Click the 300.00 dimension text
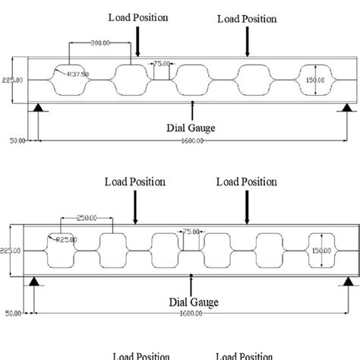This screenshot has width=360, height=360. pyautogui.click(x=98, y=43)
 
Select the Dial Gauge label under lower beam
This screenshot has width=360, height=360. pyautogui.click(x=193, y=302)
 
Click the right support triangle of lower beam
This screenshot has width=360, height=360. pyautogui.click(x=348, y=280)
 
